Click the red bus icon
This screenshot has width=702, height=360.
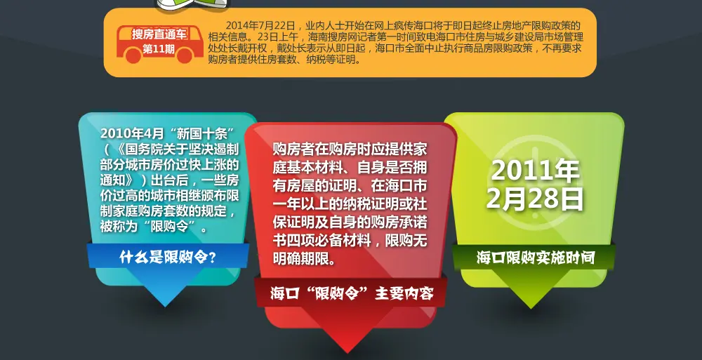coord(159,44)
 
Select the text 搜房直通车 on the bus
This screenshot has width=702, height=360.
coord(160,34)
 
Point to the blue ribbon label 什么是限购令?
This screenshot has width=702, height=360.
coord(168,257)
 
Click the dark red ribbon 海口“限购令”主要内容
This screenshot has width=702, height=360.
coord(352,293)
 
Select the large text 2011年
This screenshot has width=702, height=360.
coord(536,170)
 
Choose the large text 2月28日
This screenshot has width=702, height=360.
coord(535,199)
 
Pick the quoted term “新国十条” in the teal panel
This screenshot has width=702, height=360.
coord(199,133)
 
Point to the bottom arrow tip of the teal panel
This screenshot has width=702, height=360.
coord(165,307)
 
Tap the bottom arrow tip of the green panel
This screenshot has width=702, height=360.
coord(531,308)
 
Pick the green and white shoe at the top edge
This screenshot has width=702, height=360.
coord(192,4)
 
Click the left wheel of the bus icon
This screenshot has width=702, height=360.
coord(133,56)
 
